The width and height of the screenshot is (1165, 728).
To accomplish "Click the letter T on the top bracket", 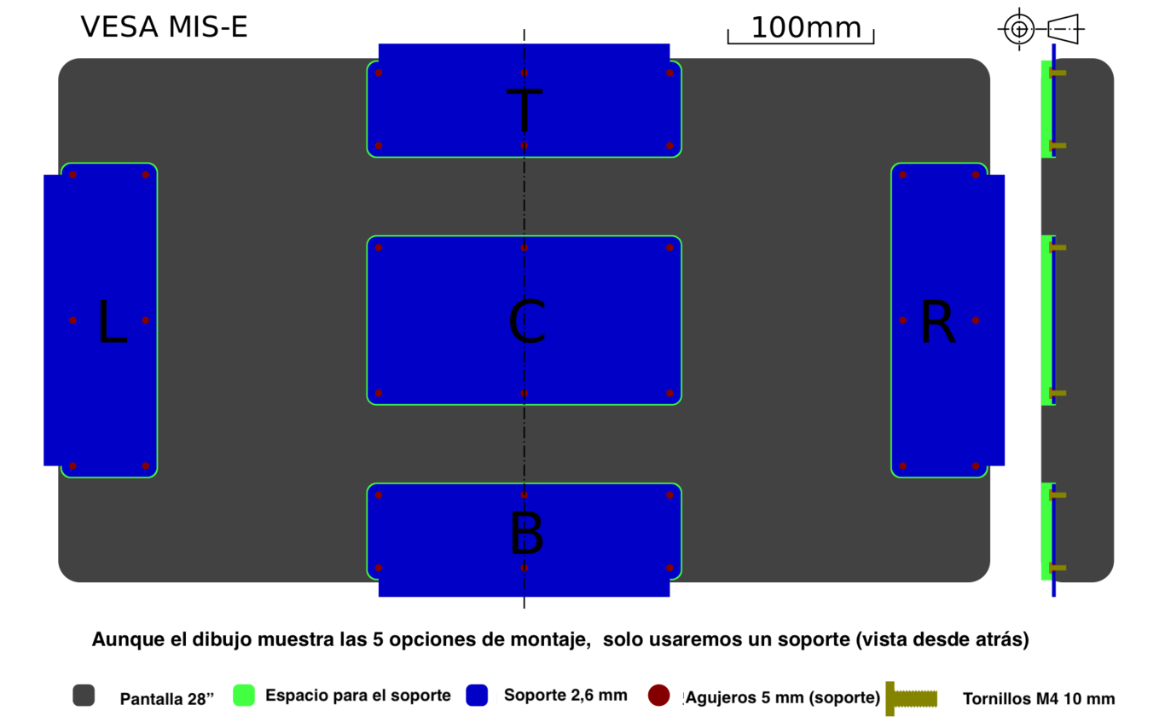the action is tap(525, 109).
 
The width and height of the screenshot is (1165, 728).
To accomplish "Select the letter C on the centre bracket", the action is tap(527, 321).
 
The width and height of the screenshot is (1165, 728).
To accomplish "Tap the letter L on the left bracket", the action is tap(113, 321).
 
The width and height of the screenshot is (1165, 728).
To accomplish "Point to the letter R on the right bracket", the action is tap(938, 321).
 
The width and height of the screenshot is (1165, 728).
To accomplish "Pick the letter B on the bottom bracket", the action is tap(527, 533).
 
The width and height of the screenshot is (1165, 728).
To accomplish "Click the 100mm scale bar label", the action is tap(806, 27).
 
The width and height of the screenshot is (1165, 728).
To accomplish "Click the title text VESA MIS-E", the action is tap(164, 27).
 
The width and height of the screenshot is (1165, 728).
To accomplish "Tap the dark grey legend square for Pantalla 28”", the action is tap(84, 696).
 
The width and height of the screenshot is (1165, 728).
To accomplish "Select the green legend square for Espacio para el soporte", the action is tap(244, 696).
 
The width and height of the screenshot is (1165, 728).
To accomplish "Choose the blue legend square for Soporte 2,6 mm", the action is tap(477, 696).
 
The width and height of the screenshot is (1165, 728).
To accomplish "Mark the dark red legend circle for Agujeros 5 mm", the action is tap(659, 696).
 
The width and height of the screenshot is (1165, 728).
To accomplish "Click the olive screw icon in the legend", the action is tap(911, 698).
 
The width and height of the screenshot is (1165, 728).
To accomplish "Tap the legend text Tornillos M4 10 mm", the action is tap(1039, 698).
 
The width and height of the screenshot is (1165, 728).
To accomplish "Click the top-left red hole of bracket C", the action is tap(379, 247).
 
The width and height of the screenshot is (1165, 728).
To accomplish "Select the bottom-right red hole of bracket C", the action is tap(669, 393).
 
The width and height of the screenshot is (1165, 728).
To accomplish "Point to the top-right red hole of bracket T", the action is tap(669, 72).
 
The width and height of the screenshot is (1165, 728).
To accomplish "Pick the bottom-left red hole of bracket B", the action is tap(379, 568).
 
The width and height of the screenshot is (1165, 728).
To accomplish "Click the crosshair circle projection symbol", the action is tap(1019, 29).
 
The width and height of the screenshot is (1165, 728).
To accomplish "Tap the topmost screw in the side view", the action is tap(1058, 72).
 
